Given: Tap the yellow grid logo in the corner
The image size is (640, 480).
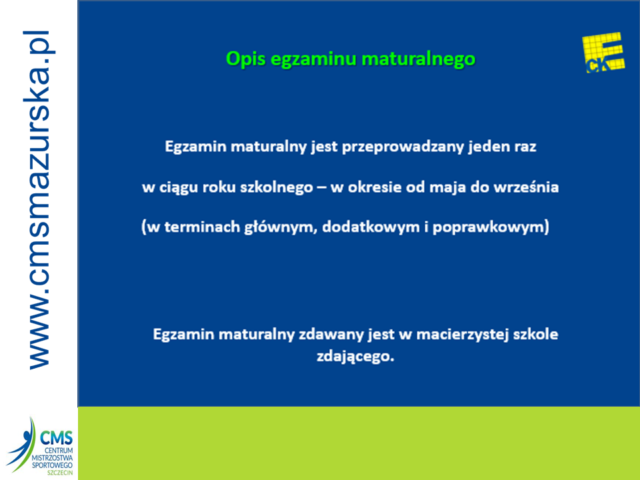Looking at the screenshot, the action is pos(603,53).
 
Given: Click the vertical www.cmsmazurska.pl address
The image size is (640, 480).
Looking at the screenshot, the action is pos(39,200).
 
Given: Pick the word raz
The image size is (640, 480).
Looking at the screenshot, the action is pos(525,147).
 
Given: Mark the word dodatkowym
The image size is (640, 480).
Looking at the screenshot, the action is pos(371,227).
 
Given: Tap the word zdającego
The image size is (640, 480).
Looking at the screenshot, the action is pos(355,357).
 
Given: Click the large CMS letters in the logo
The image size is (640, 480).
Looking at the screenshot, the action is pos(56,439).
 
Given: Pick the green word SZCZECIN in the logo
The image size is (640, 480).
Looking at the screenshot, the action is pos(60,473).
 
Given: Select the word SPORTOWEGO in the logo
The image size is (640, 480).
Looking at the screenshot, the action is pos(52,465).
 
